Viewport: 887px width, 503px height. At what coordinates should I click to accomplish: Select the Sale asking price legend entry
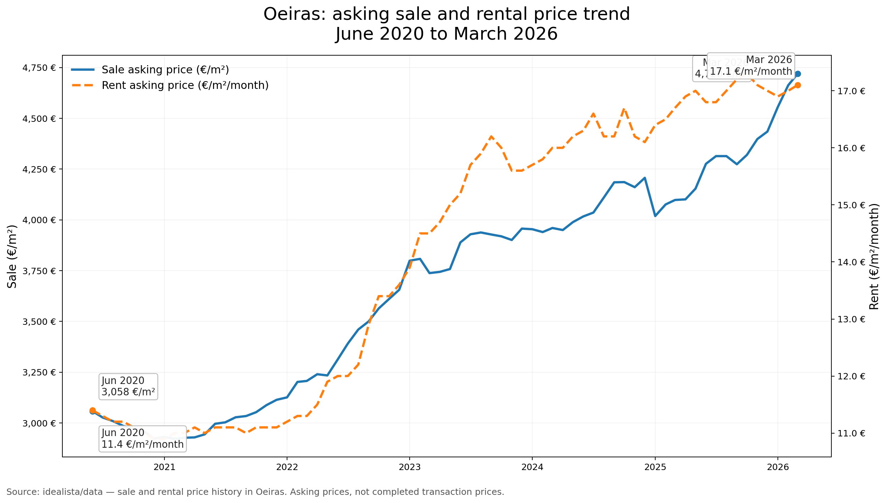(165, 70)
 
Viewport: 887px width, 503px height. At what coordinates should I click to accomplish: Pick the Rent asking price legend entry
(185, 85)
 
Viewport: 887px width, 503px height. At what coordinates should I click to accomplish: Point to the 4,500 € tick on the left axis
(39, 119)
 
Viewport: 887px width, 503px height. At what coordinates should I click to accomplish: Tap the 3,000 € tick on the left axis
(39, 423)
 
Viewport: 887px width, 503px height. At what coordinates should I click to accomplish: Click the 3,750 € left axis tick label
(39, 271)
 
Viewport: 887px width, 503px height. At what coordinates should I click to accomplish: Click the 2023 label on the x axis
(410, 467)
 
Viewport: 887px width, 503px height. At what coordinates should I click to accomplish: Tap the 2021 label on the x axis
(164, 467)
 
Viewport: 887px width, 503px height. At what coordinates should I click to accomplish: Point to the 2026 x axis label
(778, 467)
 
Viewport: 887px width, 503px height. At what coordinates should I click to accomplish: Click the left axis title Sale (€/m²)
(12, 256)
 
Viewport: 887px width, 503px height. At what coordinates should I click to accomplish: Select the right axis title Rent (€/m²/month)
(874, 256)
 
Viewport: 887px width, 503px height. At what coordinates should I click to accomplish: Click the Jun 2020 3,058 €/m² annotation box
(128, 386)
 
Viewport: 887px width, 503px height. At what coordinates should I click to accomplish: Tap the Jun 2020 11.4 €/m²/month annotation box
(142, 439)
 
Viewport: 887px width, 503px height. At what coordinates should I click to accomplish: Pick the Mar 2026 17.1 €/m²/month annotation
(751, 66)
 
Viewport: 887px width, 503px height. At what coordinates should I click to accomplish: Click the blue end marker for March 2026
(798, 74)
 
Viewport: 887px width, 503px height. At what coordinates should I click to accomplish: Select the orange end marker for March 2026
(798, 85)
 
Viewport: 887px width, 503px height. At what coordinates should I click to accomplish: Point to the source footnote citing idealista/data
(255, 492)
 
